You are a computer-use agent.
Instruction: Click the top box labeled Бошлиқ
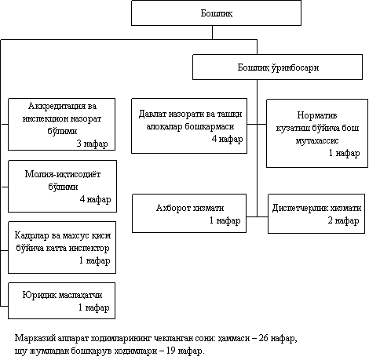click(x=216, y=13)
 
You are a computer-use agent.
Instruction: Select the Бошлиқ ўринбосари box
click(x=277, y=67)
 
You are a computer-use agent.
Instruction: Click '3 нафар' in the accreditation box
click(x=92, y=144)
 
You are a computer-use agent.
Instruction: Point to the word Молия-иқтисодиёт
click(x=63, y=174)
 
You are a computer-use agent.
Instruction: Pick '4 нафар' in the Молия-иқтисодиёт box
click(x=95, y=199)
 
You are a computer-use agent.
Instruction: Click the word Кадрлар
click(x=31, y=235)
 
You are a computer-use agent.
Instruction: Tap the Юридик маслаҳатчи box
click(x=61, y=300)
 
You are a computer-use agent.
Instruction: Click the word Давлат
click(x=152, y=114)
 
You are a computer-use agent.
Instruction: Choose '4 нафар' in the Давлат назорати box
click(x=227, y=139)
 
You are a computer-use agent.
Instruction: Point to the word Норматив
click(x=317, y=115)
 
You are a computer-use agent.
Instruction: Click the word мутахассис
click(x=317, y=140)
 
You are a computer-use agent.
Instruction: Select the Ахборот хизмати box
click(x=189, y=213)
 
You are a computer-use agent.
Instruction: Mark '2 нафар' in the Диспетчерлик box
click(x=343, y=220)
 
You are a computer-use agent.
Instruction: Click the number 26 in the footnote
click(x=263, y=338)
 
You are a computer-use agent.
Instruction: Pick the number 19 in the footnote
click(x=170, y=351)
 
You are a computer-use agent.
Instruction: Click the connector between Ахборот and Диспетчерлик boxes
click(x=257, y=216)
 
